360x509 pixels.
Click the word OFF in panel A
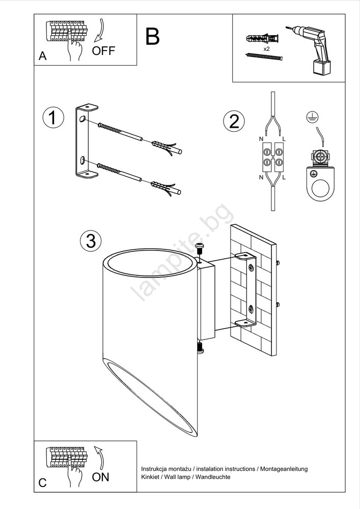point(103,50)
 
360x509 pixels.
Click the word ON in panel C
point(101,477)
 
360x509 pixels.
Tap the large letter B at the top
point(152,36)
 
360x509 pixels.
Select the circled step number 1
point(53,118)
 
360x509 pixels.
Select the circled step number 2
point(234,122)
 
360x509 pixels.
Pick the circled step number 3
point(91,241)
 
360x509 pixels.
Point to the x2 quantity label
point(266,49)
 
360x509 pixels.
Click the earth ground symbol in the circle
point(312,117)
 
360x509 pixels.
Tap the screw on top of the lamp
point(200,249)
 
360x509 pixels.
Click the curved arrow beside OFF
point(99,31)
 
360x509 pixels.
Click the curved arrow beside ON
point(99,458)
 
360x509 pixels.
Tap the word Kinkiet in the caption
point(150,477)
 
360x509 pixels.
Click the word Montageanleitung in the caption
point(284,469)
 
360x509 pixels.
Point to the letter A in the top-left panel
point(43,56)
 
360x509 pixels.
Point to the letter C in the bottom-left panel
point(43,483)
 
